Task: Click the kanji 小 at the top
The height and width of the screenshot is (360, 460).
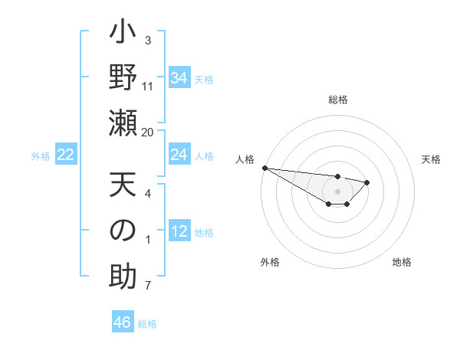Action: click(x=123, y=34)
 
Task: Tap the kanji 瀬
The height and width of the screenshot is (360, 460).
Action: click(x=123, y=123)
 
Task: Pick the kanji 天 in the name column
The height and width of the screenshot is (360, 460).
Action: click(x=123, y=186)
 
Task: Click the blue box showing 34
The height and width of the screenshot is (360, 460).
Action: click(x=179, y=78)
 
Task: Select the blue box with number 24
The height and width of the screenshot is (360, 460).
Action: click(x=179, y=155)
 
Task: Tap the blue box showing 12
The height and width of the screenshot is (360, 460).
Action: click(x=179, y=232)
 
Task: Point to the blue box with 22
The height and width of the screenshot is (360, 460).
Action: click(x=66, y=155)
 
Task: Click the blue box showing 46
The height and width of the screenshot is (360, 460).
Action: click(x=122, y=322)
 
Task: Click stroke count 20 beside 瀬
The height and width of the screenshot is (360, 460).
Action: click(x=148, y=133)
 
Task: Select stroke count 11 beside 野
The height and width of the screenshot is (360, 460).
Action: click(x=148, y=87)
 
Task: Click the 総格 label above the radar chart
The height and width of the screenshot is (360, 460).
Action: click(x=338, y=100)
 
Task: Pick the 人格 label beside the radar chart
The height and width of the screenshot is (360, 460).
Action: click(x=245, y=159)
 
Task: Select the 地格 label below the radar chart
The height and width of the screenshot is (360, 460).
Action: click(x=402, y=262)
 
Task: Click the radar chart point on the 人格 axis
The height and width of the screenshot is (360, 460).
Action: click(x=264, y=168)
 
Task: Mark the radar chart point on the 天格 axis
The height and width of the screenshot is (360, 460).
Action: click(x=367, y=182)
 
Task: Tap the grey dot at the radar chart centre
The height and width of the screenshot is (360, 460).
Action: click(x=338, y=191)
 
